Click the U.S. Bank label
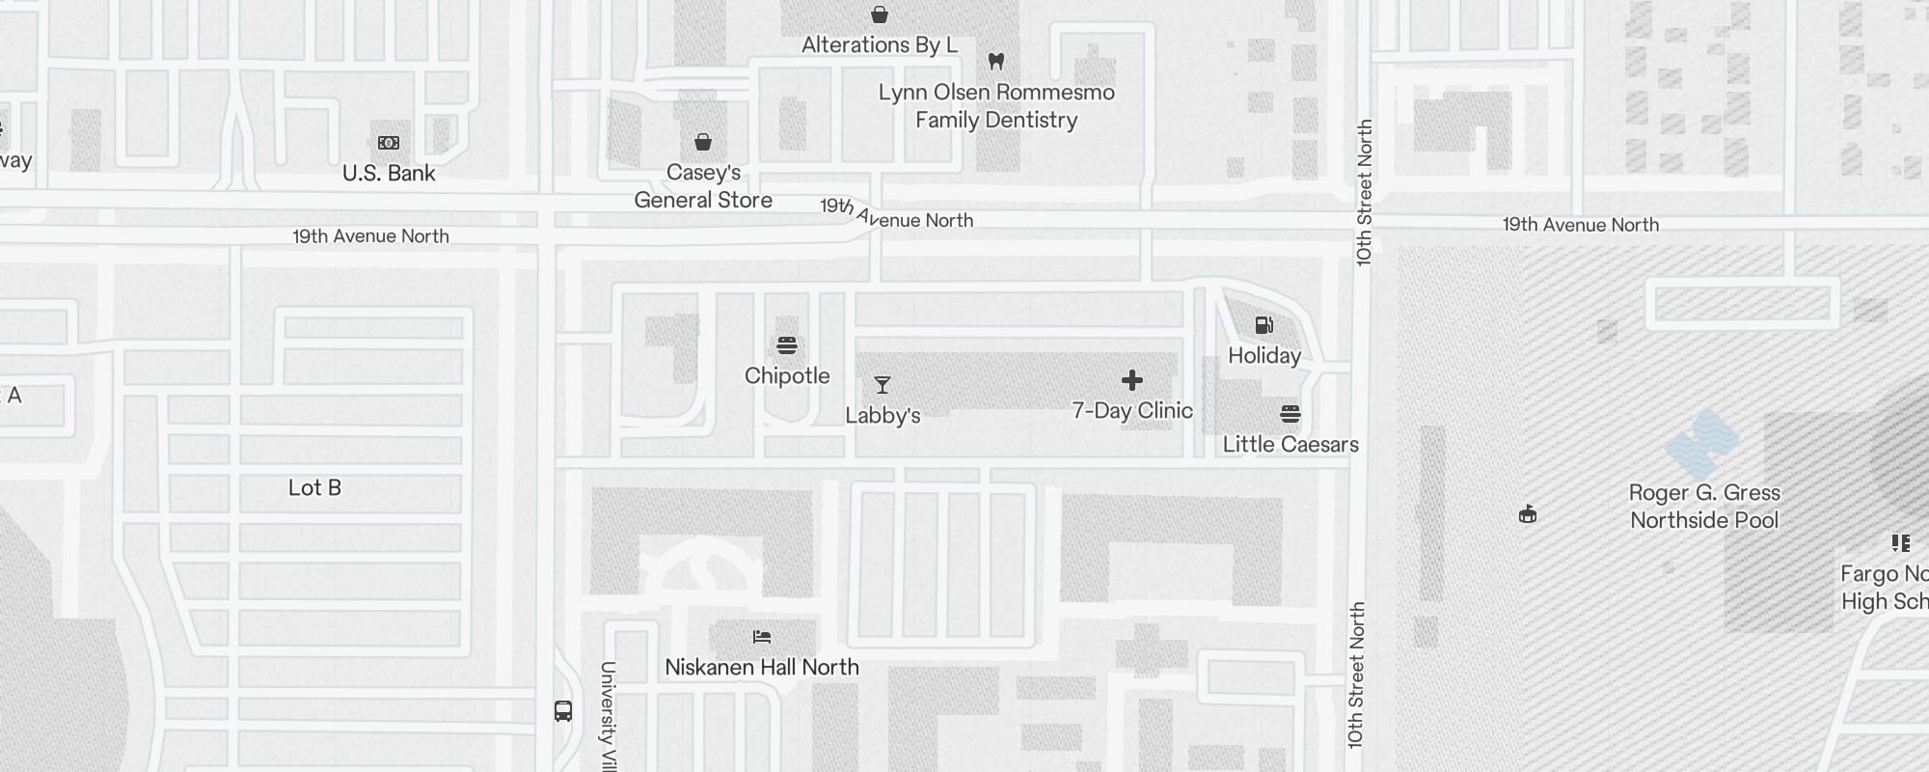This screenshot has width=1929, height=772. [x=389, y=174]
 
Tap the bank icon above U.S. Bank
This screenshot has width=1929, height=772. [x=389, y=143]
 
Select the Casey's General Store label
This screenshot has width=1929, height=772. [x=703, y=186]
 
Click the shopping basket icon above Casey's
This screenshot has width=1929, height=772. [x=703, y=143]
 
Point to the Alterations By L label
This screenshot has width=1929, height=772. [x=880, y=45]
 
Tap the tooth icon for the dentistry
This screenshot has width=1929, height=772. [x=996, y=62]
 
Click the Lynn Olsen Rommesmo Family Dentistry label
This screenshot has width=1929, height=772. [x=996, y=106]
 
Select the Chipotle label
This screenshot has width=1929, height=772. [x=787, y=376]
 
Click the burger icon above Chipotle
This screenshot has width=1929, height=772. [x=787, y=345]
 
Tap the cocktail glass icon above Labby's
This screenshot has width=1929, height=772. [x=882, y=385]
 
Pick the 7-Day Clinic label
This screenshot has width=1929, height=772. [x=1132, y=411]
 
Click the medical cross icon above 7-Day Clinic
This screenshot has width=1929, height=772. [x=1132, y=380]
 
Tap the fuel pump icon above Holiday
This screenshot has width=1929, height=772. [x=1263, y=325]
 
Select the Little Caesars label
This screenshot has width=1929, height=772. [x=1291, y=445]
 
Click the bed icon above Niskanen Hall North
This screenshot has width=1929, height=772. [x=762, y=637]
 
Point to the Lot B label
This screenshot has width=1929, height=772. [x=314, y=488]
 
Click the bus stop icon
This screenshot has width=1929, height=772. [x=563, y=711]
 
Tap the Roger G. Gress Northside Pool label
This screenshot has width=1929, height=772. [x=1704, y=507]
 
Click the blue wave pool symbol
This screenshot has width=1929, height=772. [x=1702, y=443]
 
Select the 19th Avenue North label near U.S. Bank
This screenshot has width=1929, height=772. [x=370, y=236]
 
